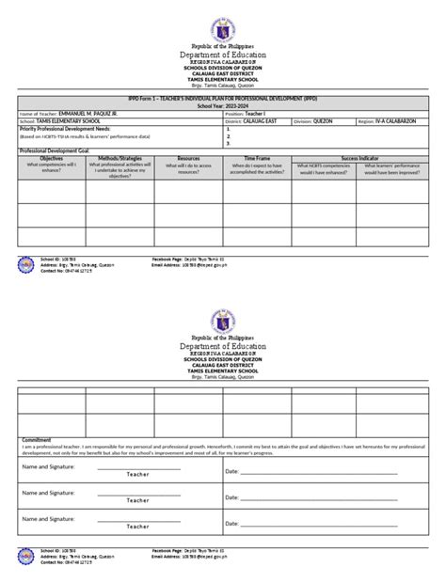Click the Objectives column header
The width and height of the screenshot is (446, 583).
pyautogui.click(x=52, y=159)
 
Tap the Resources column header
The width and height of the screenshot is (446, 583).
pyautogui.click(x=188, y=159)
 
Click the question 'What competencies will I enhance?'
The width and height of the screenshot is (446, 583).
pyautogui.click(x=52, y=169)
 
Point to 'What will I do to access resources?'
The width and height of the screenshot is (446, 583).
pyautogui.click(x=188, y=169)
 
